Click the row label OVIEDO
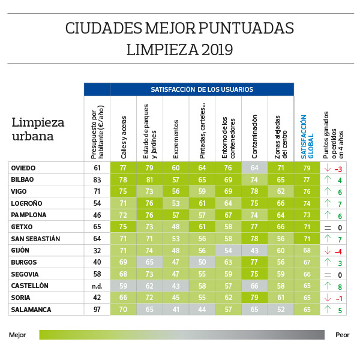24,168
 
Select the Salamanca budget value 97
97,310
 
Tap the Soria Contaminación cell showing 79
254,298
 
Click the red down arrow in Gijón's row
327,250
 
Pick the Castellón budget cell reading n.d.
97,286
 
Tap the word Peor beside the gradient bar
343,335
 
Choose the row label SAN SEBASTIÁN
36,239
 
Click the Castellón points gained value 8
340,286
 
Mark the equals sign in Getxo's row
327,227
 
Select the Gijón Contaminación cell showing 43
254,250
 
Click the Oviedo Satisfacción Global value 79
307,168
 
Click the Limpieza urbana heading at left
38,129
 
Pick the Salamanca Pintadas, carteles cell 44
202,310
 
